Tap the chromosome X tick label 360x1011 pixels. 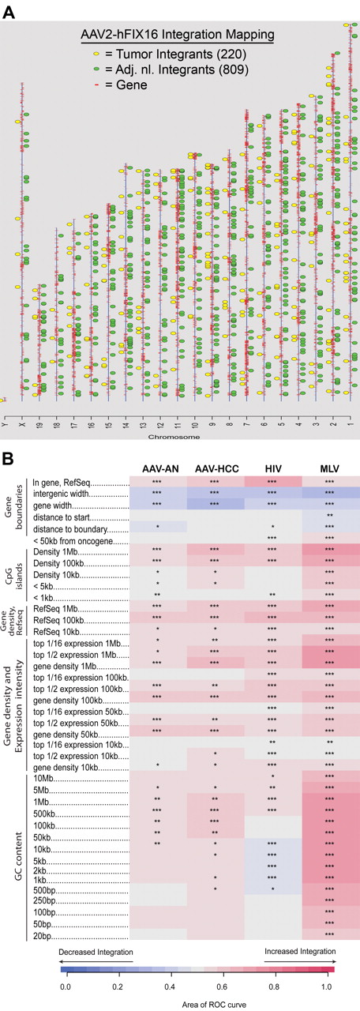[x=22, y=423]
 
